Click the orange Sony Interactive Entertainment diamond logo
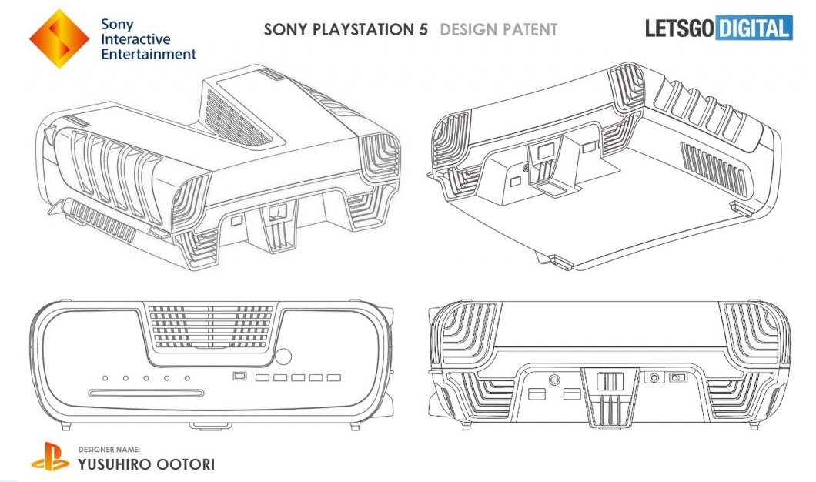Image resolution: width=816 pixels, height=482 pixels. (x=59, y=39)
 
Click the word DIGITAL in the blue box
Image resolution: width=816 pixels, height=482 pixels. (x=754, y=28)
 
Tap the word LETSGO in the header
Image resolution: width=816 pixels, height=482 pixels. (x=679, y=28)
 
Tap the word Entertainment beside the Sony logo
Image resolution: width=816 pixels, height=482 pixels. (x=149, y=54)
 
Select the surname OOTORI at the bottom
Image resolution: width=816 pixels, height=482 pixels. (x=179, y=464)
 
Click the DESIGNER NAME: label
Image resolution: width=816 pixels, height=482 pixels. (x=109, y=449)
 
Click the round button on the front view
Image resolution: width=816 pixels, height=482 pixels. (x=283, y=356)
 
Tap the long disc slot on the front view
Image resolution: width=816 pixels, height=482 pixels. (x=145, y=393)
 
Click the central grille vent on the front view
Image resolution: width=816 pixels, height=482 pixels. (x=210, y=327)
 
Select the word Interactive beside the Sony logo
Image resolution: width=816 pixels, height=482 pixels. (x=135, y=39)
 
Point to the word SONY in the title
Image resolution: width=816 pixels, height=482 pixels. (x=285, y=30)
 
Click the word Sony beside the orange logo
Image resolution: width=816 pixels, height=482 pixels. (x=117, y=25)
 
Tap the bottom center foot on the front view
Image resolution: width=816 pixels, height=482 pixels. (x=210, y=427)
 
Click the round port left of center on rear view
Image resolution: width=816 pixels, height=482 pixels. (x=555, y=380)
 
